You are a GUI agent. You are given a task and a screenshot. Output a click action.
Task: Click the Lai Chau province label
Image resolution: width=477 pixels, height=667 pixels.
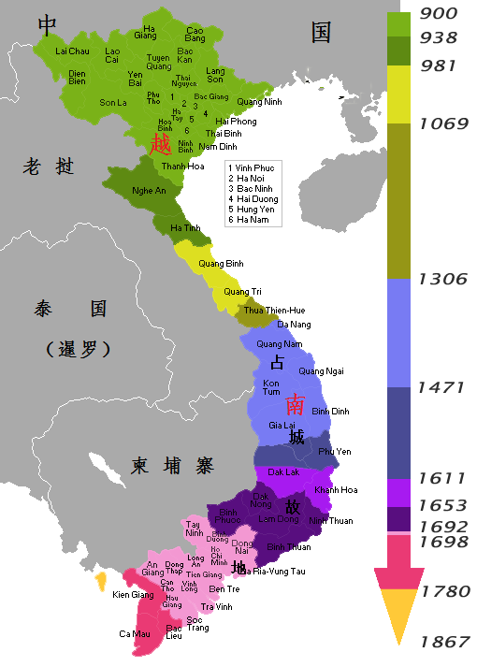(72, 51)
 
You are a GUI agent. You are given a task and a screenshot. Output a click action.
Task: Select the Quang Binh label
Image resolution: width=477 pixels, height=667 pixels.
(221, 263)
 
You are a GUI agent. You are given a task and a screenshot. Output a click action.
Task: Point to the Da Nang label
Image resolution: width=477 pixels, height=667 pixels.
(294, 324)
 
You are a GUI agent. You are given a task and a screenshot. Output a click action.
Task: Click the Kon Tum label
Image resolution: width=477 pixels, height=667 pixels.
(271, 388)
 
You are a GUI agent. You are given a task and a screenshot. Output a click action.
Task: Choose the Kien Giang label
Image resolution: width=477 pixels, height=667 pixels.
(133, 595)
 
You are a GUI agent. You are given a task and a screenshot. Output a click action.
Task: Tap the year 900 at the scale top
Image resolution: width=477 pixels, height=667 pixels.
(438, 14)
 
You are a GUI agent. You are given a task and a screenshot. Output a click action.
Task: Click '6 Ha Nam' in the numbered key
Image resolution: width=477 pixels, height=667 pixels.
(250, 221)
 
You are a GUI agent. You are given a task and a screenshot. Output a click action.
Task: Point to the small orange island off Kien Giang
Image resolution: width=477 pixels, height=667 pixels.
(100, 582)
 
